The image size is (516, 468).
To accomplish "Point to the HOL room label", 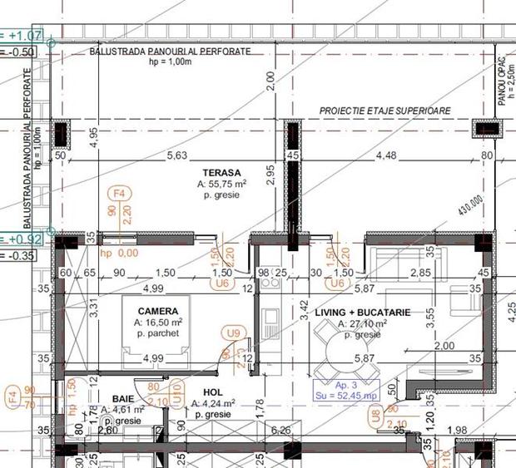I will click(213, 392).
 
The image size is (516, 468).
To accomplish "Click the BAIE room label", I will click(112, 398).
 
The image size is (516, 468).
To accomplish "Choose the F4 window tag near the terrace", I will click(122, 193).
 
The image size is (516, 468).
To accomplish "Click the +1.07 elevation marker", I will click(25, 36).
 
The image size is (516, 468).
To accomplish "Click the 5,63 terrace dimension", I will click(177, 155).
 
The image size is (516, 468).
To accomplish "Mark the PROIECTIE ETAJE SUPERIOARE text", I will click(385, 111).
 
